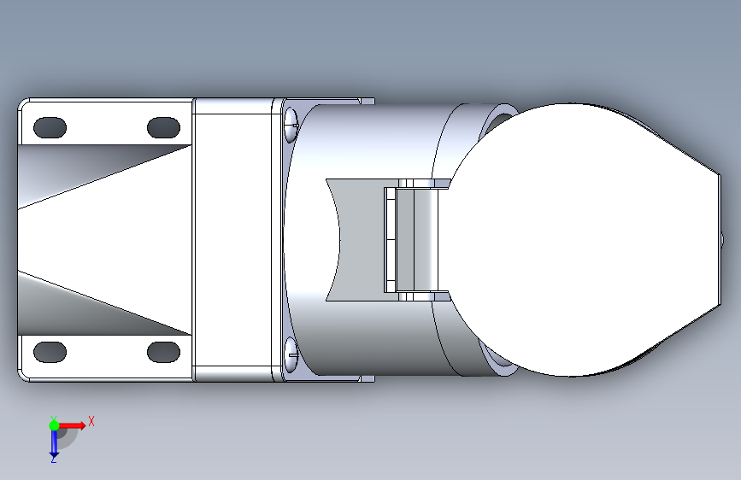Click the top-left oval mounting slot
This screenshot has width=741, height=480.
pyautogui.click(x=50, y=127)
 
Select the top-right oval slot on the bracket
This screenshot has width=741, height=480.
pyautogui.click(x=163, y=127)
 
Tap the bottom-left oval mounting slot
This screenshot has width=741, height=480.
pyautogui.click(x=50, y=352)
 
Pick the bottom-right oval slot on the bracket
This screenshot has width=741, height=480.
pyautogui.click(x=163, y=352)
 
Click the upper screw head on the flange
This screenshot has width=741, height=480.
pyautogui.click(x=291, y=125)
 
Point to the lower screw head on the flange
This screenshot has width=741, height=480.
pyautogui.click(x=291, y=354)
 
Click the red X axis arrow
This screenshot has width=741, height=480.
pyautogui.click(x=71, y=425)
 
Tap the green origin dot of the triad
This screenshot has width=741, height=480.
pyautogui.click(x=54, y=425)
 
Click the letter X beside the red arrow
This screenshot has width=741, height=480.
pyautogui.click(x=91, y=421)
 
